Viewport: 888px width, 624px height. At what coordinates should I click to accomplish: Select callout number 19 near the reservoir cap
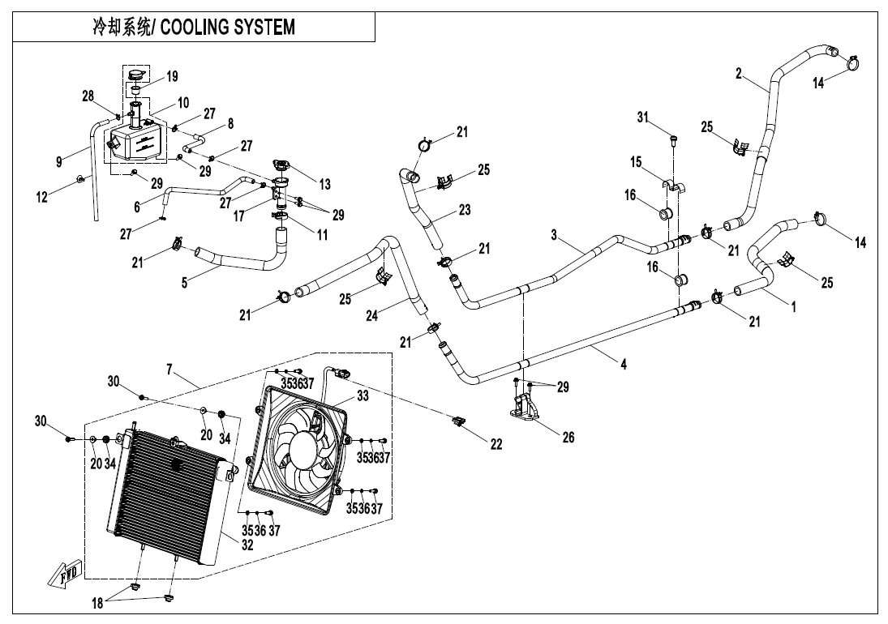[172, 77]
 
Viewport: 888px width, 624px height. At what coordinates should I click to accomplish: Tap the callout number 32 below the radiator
[247, 545]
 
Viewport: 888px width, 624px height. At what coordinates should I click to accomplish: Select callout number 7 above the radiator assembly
[169, 370]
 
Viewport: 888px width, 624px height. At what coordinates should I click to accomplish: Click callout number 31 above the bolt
[644, 119]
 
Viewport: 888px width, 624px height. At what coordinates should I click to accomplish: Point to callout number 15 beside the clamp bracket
[637, 163]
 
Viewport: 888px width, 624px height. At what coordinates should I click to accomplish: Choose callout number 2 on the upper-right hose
[739, 74]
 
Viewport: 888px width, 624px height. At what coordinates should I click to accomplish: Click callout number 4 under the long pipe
[623, 365]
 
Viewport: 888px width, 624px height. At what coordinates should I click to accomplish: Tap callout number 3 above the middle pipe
[555, 235]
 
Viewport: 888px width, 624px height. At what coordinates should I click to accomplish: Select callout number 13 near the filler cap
[324, 185]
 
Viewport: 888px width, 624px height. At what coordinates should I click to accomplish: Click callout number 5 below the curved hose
[184, 284]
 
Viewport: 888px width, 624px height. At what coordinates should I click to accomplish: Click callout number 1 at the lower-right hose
[793, 308]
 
